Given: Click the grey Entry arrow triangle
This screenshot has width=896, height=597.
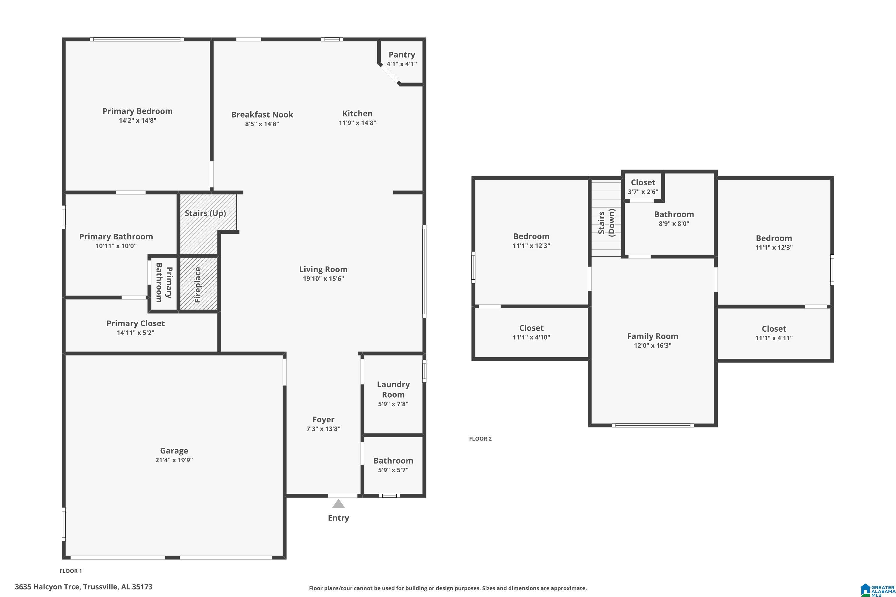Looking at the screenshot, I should [x=338, y=504].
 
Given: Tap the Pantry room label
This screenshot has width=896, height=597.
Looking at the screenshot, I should [x=401, y=55].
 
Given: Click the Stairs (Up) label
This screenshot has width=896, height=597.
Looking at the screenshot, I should [x=205, y=213].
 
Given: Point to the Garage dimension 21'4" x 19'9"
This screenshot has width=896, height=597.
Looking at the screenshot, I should [x=174, y=460].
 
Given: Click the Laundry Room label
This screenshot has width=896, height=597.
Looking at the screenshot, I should [x=393, y=390].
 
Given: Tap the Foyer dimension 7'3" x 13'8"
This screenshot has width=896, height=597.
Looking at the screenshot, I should [x=323, y=429].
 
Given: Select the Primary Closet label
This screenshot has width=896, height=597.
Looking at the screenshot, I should [x=135, y=323].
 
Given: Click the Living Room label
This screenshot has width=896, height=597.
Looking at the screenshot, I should [x=323, y=269].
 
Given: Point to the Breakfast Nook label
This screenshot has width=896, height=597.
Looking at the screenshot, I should [x=262, y=115].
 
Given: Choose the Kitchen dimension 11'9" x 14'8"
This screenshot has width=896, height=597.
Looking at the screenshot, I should [x=357, y=123].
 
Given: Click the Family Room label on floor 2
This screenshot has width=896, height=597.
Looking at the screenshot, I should [x=652, y=336].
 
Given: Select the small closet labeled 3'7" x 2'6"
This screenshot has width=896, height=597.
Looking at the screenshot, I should [x=643, y=187].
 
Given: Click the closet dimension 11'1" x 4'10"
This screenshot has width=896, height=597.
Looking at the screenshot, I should [x=531, y=337].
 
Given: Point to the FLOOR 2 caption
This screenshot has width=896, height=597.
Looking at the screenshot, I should [x=480, y=438].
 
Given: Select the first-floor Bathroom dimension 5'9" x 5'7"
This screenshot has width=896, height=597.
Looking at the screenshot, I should [x=393, y=470].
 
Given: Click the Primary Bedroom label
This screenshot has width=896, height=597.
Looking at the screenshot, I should [x=137, y=111].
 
